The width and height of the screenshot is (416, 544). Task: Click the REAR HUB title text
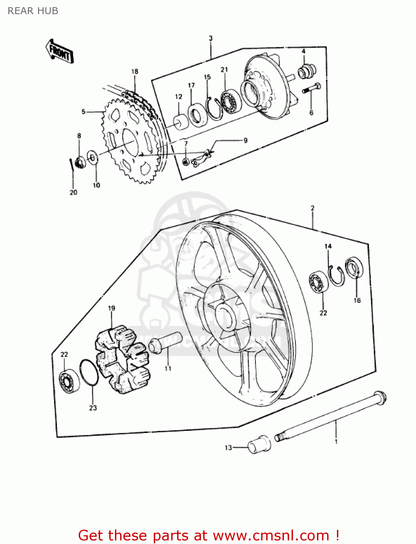(33, 11)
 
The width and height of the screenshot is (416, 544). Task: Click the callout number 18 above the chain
(135, 71)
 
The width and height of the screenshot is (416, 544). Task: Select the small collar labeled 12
(180, 122)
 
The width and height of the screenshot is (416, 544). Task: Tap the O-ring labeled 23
(88, 372)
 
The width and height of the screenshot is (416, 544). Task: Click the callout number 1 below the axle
(336, 441)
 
